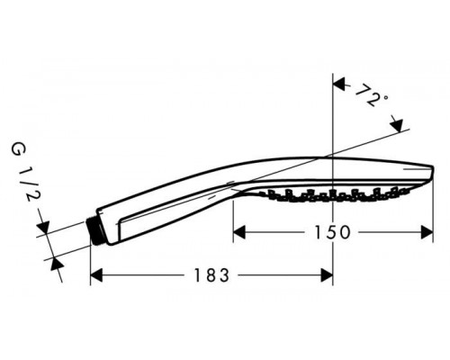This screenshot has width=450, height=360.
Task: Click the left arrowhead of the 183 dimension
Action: pyautogui.click(x=98, y=274)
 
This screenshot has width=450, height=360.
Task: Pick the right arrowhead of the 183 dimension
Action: pyautogui.click(x=327, y=274)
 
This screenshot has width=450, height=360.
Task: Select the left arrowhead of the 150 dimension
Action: pyautogui.click(x=240, y=232)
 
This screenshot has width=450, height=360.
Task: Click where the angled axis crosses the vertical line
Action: pyautogui.click(x=333, y=155)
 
